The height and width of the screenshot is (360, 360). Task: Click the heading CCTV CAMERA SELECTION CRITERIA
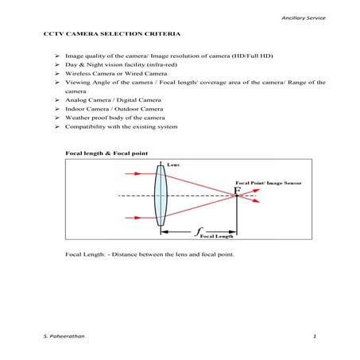(x=112, y=37)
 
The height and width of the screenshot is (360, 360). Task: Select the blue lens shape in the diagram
(x=161, y=195)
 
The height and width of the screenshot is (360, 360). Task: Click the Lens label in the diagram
(x=173, y=165)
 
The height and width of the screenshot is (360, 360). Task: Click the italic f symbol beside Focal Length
(x=197, y=232)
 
